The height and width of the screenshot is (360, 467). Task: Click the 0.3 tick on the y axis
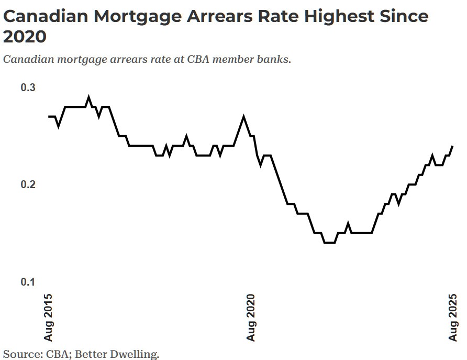[28, 87]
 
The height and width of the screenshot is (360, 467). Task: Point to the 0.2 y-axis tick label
[28, 184]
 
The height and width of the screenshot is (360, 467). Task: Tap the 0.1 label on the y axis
[28, 282]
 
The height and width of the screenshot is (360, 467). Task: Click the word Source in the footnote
[20, 354]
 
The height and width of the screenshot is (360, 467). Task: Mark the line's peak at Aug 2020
[243, 116]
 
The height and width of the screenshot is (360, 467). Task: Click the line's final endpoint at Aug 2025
[452, 146]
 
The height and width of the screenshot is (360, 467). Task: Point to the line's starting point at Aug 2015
[49, 116]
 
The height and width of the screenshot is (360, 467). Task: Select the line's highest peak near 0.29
[88, 97]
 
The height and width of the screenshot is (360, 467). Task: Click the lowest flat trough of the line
[329, 243]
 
